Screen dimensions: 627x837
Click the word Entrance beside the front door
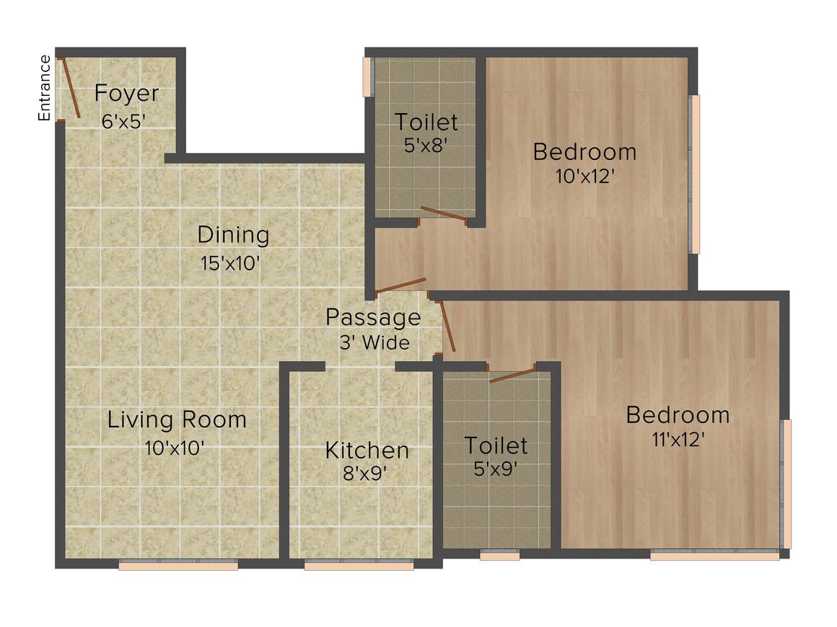[45, 88]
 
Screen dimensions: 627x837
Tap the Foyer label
[127, 94]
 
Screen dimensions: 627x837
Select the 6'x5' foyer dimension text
[124, 121]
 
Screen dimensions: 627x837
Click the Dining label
[233, 235]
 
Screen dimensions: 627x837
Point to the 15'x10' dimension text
[230, 263]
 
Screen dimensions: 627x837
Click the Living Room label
[177, 419]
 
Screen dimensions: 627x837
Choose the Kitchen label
[367, 451]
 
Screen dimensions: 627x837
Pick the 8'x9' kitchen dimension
[367, 474]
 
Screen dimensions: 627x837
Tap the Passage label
[372, 317]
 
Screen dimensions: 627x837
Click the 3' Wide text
[374, 342]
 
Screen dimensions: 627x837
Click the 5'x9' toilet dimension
[495, 468]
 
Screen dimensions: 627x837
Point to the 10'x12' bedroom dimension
[584, 176]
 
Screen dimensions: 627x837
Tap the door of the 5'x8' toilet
[443, 213]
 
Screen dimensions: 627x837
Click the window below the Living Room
[178, 566]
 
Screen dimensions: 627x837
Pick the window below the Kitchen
[359, 566]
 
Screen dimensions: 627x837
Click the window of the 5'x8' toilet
[367, 76]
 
